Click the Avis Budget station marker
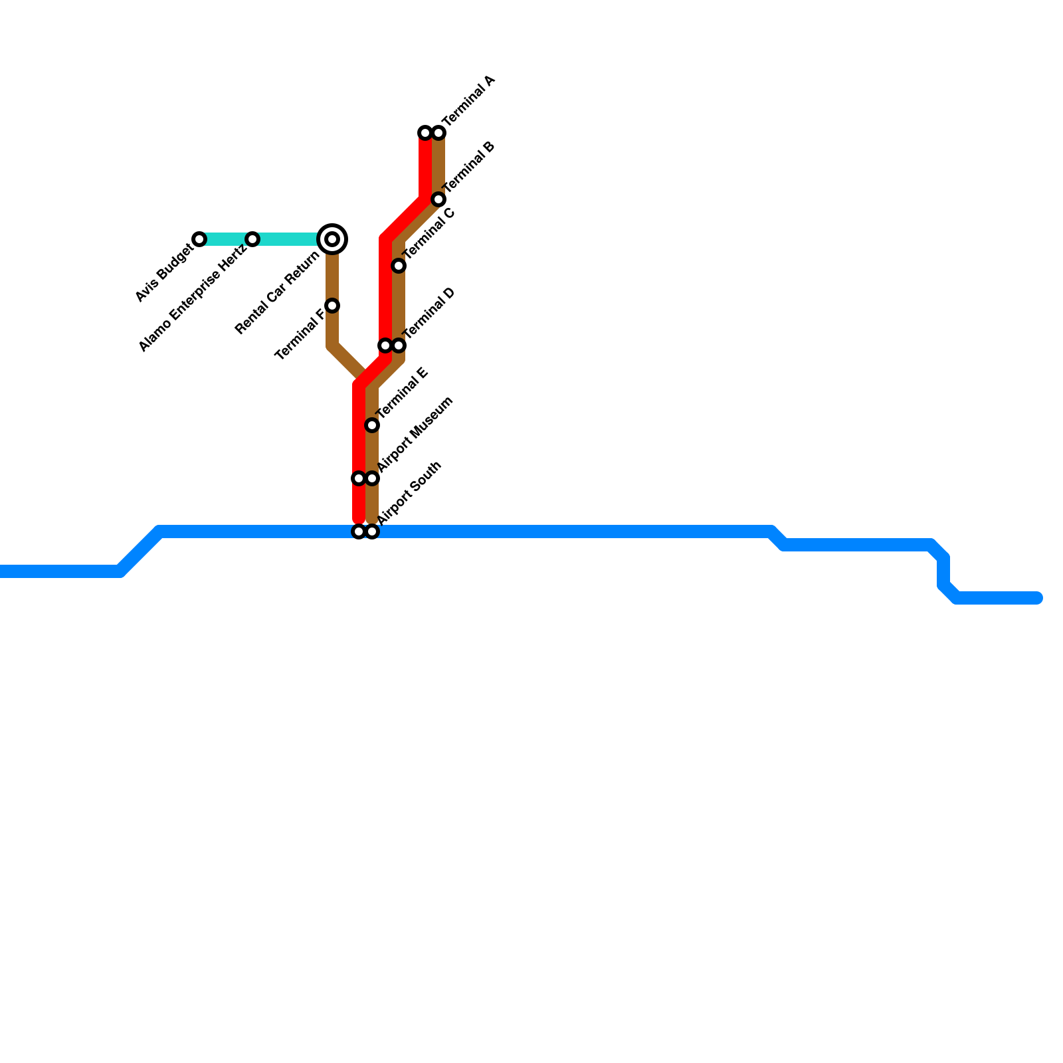(x=199, y=239)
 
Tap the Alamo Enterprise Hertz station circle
(x=252, y=239)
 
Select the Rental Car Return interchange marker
(x=332, y=239)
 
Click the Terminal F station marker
(x=332, y=306)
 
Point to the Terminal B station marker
(x=438, y=199)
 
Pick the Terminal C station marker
(x=399, y=266)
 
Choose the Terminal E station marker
(x=372, y=425)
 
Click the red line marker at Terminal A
(x=425, y=133)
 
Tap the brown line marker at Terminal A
(x=438, y=133)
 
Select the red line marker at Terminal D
(x=385, y=345)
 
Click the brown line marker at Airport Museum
(x=372, y=478)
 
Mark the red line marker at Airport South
(x=359, y=531)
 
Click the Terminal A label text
(x=469, y=101)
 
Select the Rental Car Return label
(x=278, y=293)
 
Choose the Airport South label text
(x=409, y=492)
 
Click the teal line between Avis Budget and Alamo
(x=226, y=239)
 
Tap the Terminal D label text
(x=429, y=312)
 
